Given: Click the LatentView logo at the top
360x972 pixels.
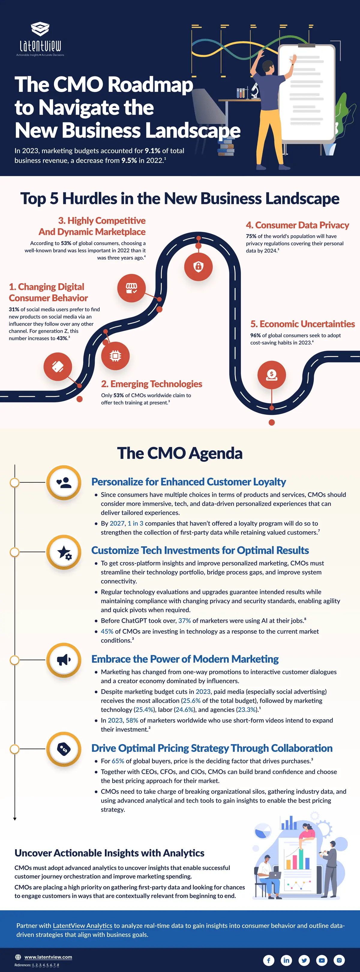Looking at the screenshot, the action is coord(40,39).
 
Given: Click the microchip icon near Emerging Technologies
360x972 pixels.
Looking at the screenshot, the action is coord(115,356).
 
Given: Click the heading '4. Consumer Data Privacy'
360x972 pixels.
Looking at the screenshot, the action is coord(297,225).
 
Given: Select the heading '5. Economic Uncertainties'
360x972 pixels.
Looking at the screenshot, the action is coord(303,324).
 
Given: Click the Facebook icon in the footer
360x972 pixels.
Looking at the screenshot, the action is coord(269,960).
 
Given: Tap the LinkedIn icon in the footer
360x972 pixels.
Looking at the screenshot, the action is coord(286,960).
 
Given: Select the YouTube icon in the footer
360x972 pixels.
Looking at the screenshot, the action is coord(322,960).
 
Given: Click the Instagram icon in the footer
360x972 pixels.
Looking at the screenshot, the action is coord(339,960).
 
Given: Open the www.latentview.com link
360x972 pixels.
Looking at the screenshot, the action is coord(48,957).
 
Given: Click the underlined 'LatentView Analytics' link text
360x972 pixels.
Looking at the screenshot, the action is coord(82,925).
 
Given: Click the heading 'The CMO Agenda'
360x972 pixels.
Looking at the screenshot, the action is coord(180,453).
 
